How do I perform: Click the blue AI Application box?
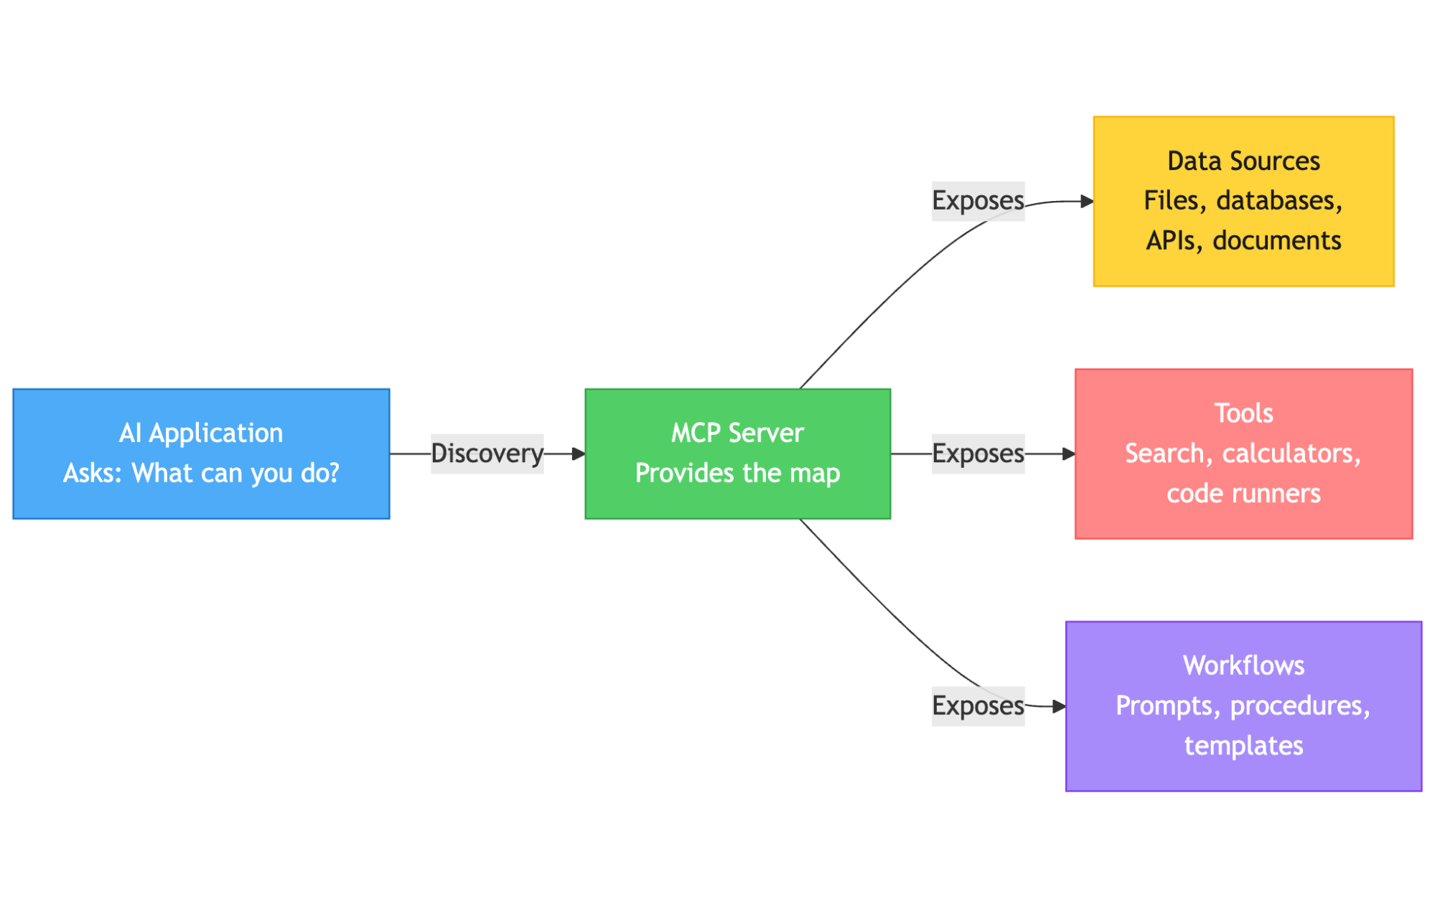[x=201, y=454]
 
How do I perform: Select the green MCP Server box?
[x=737, y=454]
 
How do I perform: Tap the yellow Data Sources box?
[x=1243, y=201]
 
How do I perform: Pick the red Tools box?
[x=1243, y=454]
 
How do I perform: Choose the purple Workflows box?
[x=1243, y=706]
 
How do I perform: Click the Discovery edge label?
[x=487, y=454]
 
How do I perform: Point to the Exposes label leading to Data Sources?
[x=978, y=201]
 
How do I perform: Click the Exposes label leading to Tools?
[x=978, y=454]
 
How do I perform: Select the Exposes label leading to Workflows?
[x=978, y=706]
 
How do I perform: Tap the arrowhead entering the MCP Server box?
[x=579, y=454]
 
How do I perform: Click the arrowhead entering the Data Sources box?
[x=1087, y=202]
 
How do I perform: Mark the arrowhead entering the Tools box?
[x=1069, y=454]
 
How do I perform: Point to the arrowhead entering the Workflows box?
[x=1060, y=707]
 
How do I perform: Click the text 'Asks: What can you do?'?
[x=201, y=474]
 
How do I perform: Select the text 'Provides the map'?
[x=737, y=474]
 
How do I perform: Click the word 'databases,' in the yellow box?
[x=1279, y=201]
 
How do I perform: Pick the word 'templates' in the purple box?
[x=1243, y=746]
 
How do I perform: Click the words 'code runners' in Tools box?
[x=1243, y=494]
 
